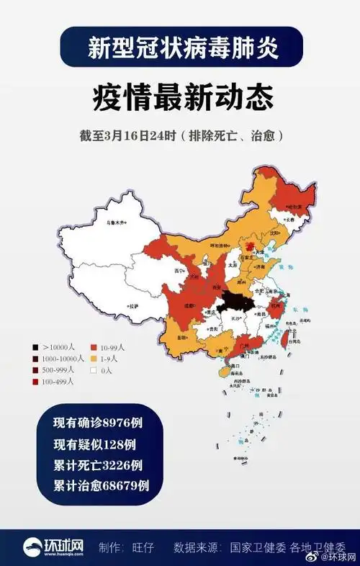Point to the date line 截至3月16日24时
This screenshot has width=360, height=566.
180,135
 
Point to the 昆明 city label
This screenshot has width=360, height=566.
184,337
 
